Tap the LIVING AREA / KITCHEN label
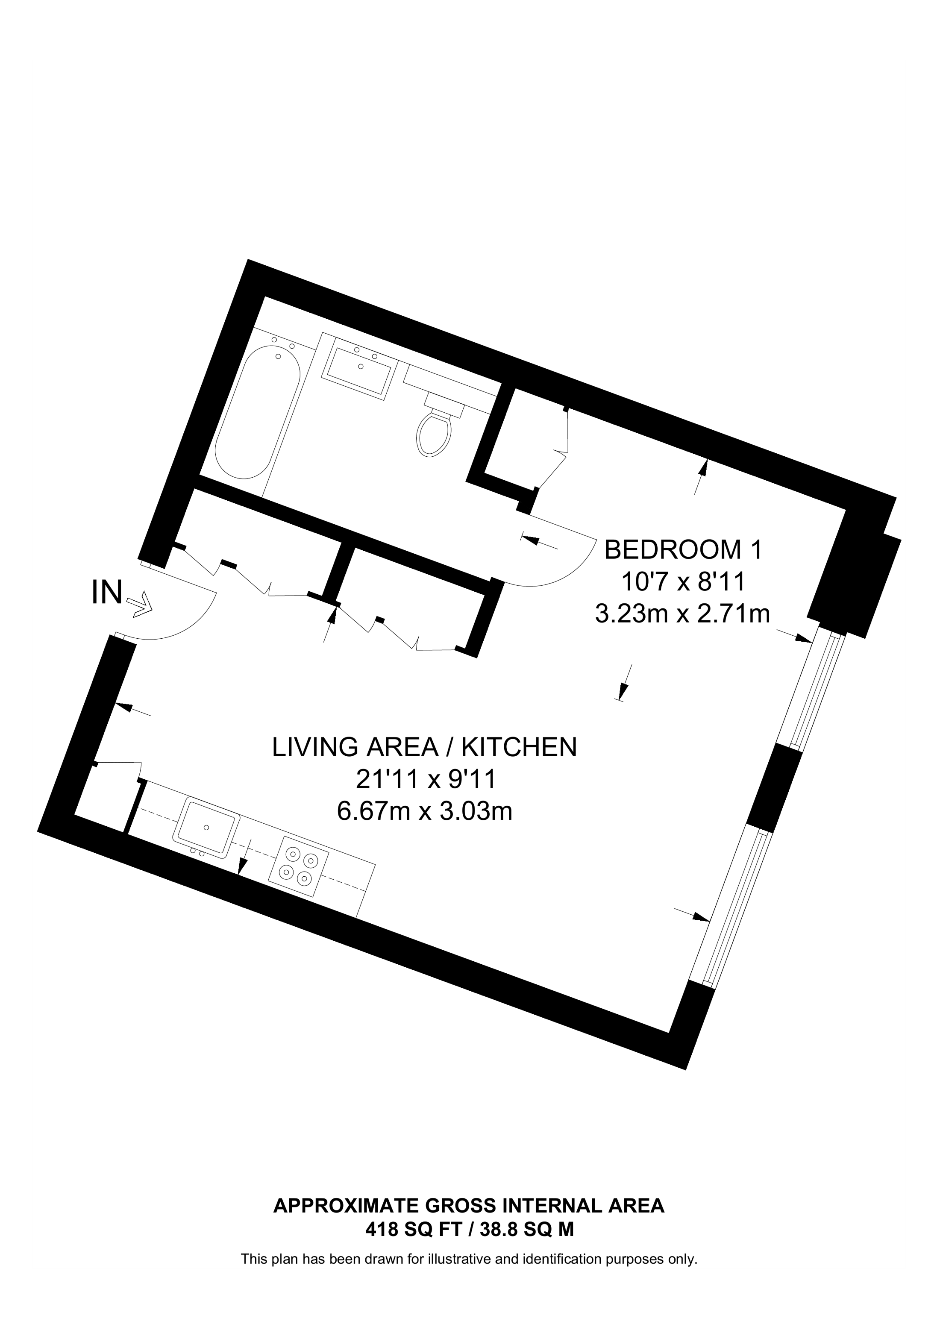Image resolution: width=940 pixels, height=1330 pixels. click(x=425, y=747)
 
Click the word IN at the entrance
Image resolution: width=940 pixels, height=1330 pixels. click(x=107, y=593)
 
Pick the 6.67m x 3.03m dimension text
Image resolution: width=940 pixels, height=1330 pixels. click(x=425, y=811)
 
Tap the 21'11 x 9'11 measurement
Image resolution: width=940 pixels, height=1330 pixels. click(x=426, y=780)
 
